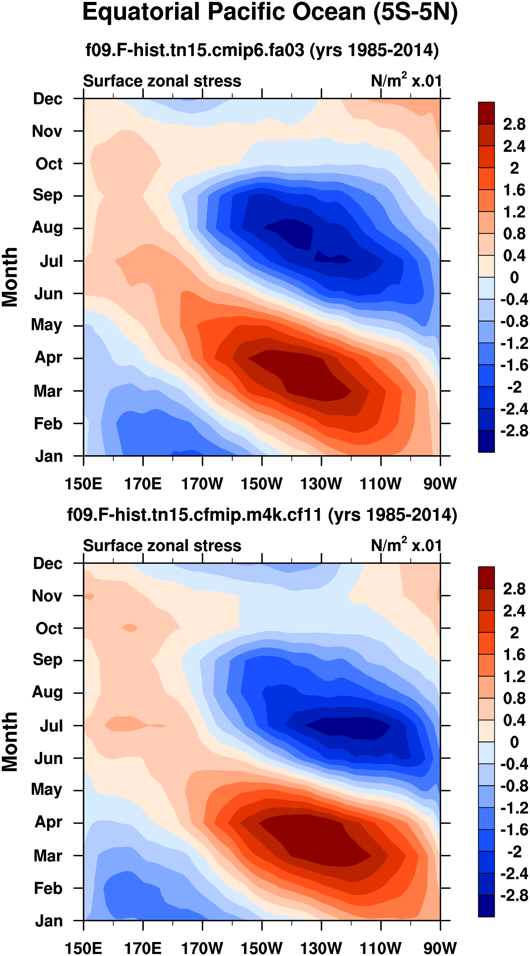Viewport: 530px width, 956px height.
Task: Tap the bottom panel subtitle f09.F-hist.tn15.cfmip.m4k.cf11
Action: [x=262, y=515]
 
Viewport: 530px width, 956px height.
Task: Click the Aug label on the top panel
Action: [x=48, y=228]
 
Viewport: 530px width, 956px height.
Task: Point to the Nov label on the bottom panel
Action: [x=47, y=596]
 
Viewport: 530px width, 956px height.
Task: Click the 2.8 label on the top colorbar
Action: [x=514, y=124]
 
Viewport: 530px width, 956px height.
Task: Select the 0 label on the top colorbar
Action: [x=514, y=277]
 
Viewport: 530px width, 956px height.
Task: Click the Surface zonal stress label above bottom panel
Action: [x=162, y=546]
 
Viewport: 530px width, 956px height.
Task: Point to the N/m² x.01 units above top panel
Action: [x=406, y=80]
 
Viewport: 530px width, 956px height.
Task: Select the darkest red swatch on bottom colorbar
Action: [x=486, y=577]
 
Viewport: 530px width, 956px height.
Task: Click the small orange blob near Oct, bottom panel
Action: [x=130, y=628]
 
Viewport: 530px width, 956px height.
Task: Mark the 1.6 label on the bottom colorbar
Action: [x=514, y=655]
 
